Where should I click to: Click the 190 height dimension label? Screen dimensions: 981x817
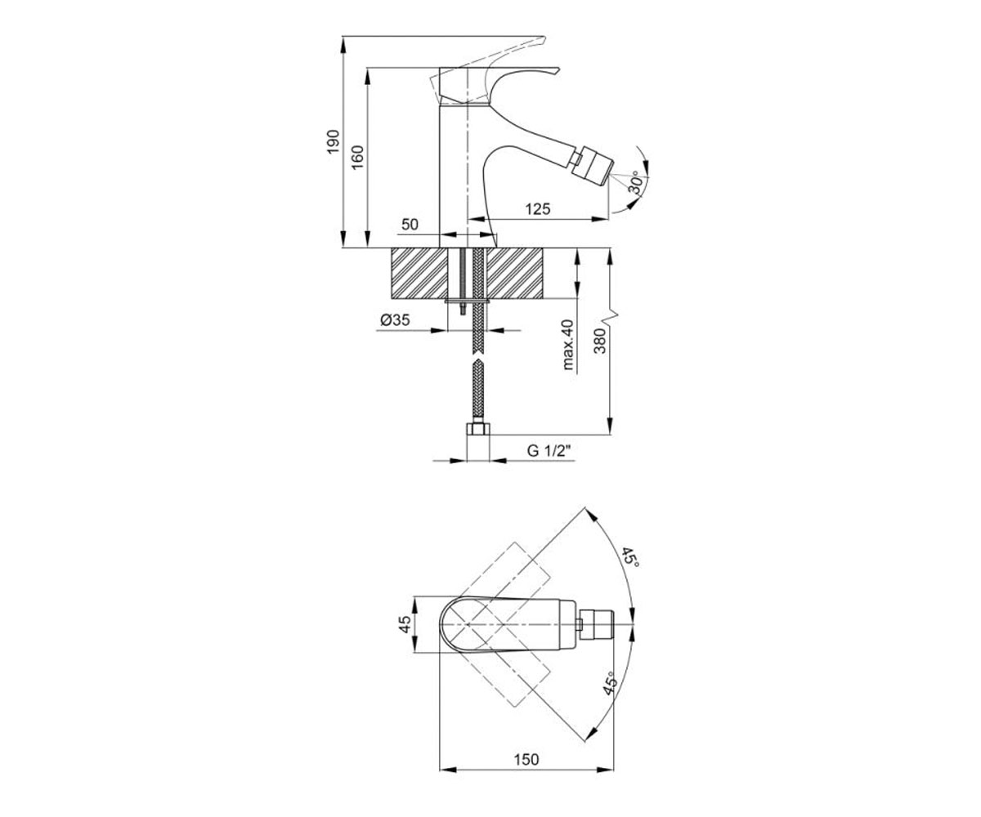coord(333,141)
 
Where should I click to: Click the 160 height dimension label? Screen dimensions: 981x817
coord(357,158)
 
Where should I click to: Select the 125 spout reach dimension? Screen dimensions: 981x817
coord(537,209)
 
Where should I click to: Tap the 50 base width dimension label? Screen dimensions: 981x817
coord(410,225)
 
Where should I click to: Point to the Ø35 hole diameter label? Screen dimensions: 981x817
coord(395,319)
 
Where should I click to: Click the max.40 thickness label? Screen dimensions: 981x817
coord(568,345)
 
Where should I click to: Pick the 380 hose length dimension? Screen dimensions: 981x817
coord(601,341)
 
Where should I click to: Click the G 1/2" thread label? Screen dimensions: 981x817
coord(549,450)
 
